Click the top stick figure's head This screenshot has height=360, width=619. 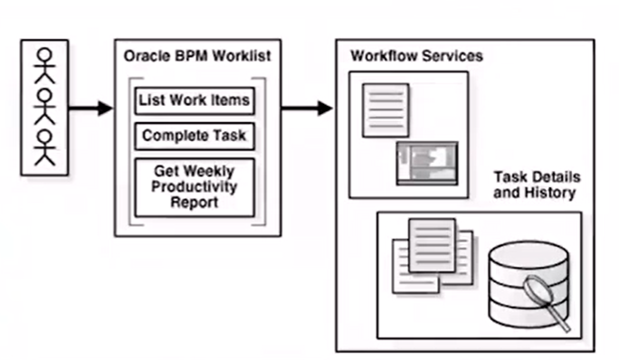[44, 54]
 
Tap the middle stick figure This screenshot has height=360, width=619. [44, 107]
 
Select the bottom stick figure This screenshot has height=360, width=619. [44, 147]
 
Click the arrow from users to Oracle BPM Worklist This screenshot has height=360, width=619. [90, 109]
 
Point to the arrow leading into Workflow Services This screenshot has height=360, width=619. [307, 109]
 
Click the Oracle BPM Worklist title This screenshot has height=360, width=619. [197, 56]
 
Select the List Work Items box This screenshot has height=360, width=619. [195, 101]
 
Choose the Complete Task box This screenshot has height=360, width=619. [195, 137]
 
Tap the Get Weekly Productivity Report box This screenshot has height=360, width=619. [195, 187]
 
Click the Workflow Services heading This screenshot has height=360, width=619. [417, 56]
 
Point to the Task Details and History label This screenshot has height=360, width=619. [537, 185]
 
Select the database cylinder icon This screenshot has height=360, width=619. [529, 284]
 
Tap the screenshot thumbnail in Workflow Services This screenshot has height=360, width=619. [427, 163]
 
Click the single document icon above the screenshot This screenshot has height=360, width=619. [386, 110]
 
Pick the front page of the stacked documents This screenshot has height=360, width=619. [432, 245]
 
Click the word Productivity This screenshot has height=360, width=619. [195, 186]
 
